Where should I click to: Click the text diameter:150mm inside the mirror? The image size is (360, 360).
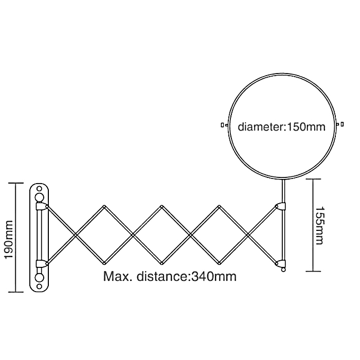pos(281,127)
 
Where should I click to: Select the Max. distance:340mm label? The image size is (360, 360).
pos(170,277)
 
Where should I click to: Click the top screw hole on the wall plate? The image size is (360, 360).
pos(40,195)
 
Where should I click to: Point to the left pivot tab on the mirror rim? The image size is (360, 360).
pos(223,124)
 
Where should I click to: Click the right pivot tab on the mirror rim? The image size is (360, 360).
pos(339,124)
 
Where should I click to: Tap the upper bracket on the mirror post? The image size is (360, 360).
pos(281,207)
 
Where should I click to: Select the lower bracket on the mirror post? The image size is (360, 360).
pos(281,264)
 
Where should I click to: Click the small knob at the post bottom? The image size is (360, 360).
pos(282,270)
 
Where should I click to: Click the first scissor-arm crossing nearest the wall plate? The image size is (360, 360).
pos(76,235)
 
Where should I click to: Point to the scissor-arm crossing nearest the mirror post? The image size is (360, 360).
pos(248,235)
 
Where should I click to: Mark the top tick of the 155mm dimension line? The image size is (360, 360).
pos(313,178)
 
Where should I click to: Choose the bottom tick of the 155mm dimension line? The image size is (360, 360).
pos(313,271)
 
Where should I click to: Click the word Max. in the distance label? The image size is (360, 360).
pos(116,277)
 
